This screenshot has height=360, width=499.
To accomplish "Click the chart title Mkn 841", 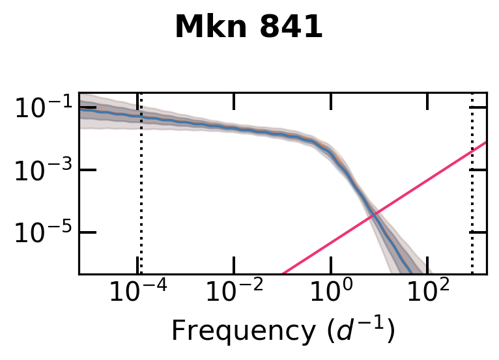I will click(x=249, y=28).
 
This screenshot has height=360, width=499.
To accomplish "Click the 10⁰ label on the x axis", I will click(x=332, y=293).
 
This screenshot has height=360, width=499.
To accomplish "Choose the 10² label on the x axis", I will click(x=428, y=293).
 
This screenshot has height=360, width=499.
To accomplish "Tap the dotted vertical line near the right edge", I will click(x=472, y=195).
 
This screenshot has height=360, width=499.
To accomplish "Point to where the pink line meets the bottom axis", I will click(x=283, y=273).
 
